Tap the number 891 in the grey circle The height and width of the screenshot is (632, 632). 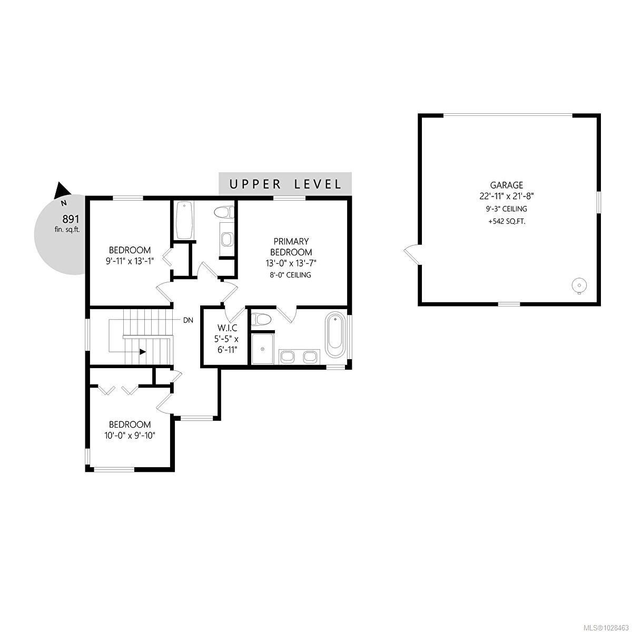click(x=71, y=219)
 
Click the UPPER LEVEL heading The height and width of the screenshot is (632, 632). click(x=285, y=184)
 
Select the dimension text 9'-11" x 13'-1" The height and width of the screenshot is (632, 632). click(x=130, y=261)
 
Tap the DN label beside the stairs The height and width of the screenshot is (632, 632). click(x=187, y=320)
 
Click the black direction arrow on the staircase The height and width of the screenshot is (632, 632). click(x=143, y=352)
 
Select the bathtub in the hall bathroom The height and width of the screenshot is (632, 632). click(x=183, y=220)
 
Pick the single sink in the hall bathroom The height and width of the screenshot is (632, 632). click(x=226, y=240)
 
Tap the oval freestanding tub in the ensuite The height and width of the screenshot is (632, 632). click(x=335, y=335)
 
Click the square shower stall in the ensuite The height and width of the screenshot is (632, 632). click(x=262, y=348)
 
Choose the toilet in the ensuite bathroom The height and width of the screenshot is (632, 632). click(x=261, y=319)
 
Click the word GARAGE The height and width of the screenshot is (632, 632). click(x=507, y=185)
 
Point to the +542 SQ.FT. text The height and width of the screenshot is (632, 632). click(x=507, y=222)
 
